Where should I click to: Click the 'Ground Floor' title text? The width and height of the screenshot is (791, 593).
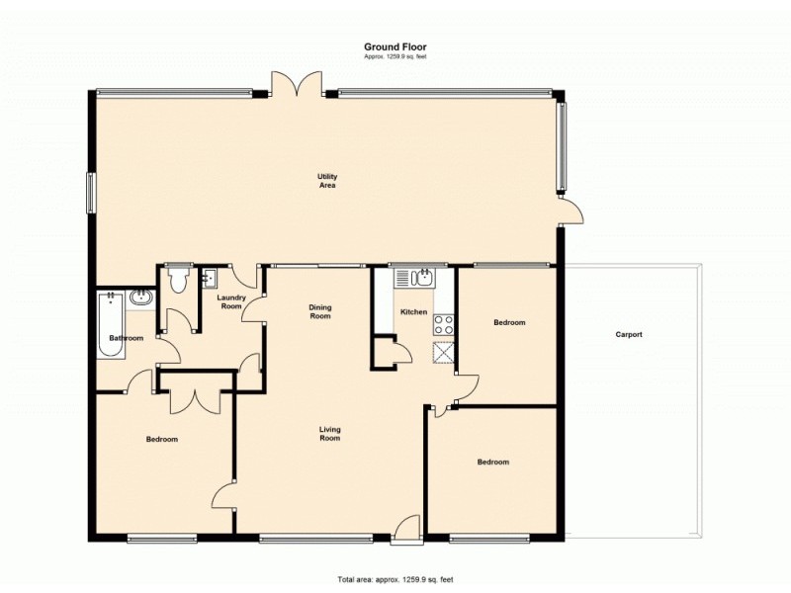pos(395,46)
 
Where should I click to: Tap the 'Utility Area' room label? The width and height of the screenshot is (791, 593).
pos(327,180)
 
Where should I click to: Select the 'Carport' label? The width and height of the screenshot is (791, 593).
pos(629,334)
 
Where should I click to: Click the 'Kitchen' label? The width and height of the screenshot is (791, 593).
pos(413,312)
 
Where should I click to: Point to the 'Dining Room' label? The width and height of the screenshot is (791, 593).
pos(319,311)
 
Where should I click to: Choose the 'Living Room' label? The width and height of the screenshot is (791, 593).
pos(329,433)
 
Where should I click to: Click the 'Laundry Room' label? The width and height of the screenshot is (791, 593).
pos(230,302)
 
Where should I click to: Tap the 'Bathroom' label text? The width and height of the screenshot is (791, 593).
pos(127,339)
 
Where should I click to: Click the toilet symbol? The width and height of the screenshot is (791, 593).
pos(178,282)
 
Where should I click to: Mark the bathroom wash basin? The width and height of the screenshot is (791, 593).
pos(141,296)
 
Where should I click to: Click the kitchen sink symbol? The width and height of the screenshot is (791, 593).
pos(422,277)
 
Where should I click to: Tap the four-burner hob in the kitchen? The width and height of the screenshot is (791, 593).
pos(443,323)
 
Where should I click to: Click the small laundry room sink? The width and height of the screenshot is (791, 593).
pos(209,278)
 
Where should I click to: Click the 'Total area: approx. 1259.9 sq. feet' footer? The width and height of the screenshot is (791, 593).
pos(395,579)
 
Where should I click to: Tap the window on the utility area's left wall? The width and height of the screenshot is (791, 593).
pos(91,193)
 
